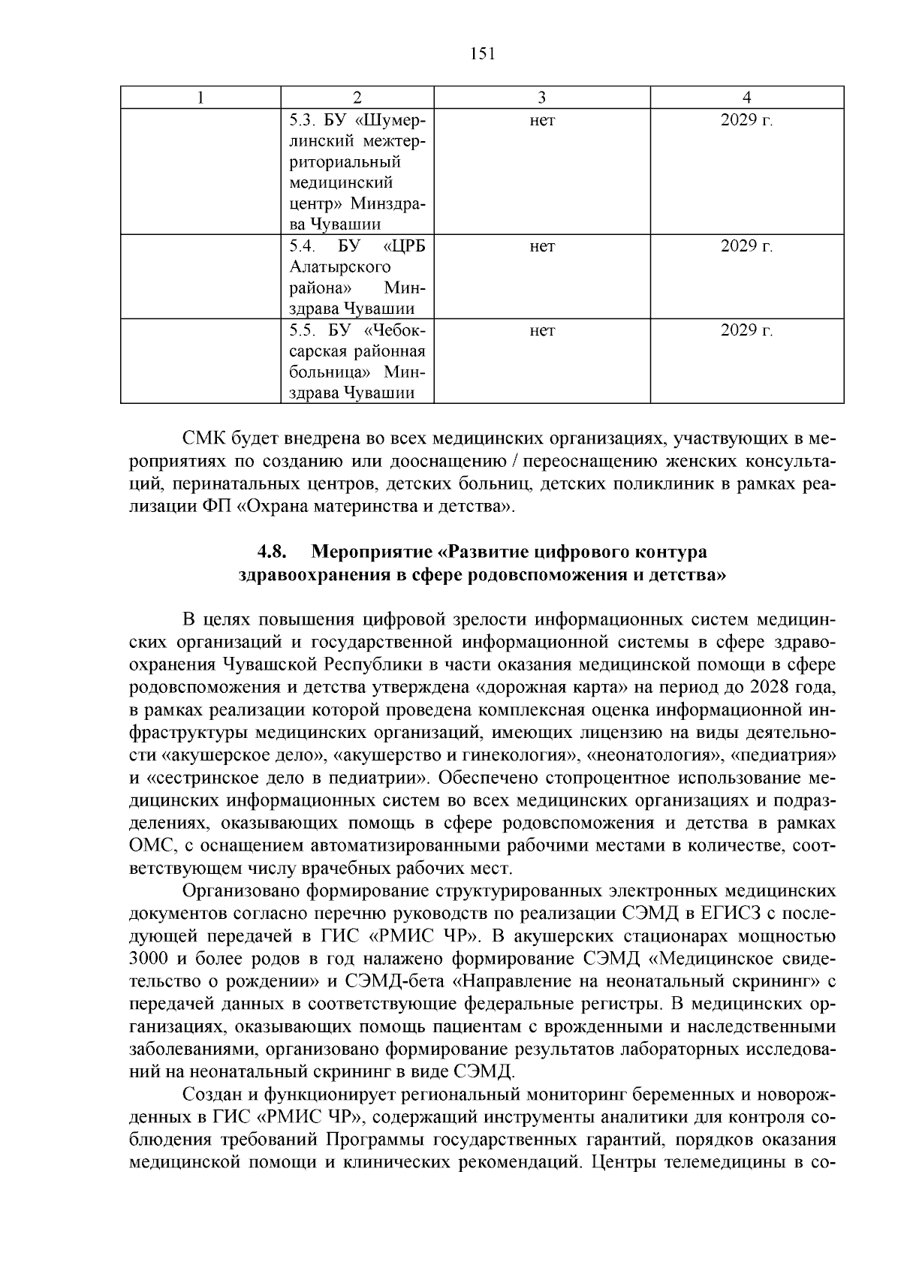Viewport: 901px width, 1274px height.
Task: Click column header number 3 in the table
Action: (x=541, y=98)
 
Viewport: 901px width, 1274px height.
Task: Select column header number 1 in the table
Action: (x=200, y=98)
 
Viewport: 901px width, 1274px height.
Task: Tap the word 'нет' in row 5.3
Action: (x=541, y=120)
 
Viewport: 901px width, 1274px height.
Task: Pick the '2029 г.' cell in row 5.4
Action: (x=746, y=246)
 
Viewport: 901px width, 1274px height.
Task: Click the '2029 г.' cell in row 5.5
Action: (x=746, y=330)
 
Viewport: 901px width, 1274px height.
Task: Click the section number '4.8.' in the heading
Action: (x=273, y=553)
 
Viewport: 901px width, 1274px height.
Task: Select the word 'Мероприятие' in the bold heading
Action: (x=371, y=553)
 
